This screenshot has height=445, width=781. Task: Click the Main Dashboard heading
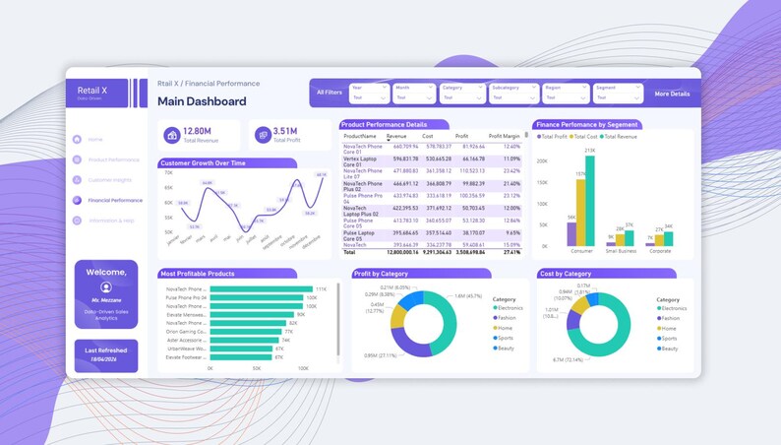pyautogui.click(x=202, y=101)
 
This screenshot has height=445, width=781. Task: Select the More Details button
pyautogui.click(x=672, y=94)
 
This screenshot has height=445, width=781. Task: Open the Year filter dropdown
pyautogui.click(x=369, y=94)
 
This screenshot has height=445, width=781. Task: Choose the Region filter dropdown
pyautogui.click(x=566, y=94)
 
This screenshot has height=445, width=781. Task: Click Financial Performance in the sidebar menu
pyautogui.click(x=115, y=200)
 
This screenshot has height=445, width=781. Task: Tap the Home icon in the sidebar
pyautogui.click(x=77, y=139)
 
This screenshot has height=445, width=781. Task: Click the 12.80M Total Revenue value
pyautogui.click(x=197, y=131)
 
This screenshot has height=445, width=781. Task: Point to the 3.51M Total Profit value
pyautogui.click(x=285, y=131)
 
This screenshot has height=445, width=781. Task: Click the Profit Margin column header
pyautogui.click(x=504, y=136)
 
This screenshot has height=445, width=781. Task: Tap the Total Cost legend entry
pyautogui.click(x=585, y=136)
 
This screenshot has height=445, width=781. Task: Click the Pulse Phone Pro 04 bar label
pyautogui.click(x=185, y=297)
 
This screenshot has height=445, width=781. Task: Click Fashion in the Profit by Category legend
pyautogui.click(x=507, y=318)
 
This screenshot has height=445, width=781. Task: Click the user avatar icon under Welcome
pyautogui.click(x=105, y=286)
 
